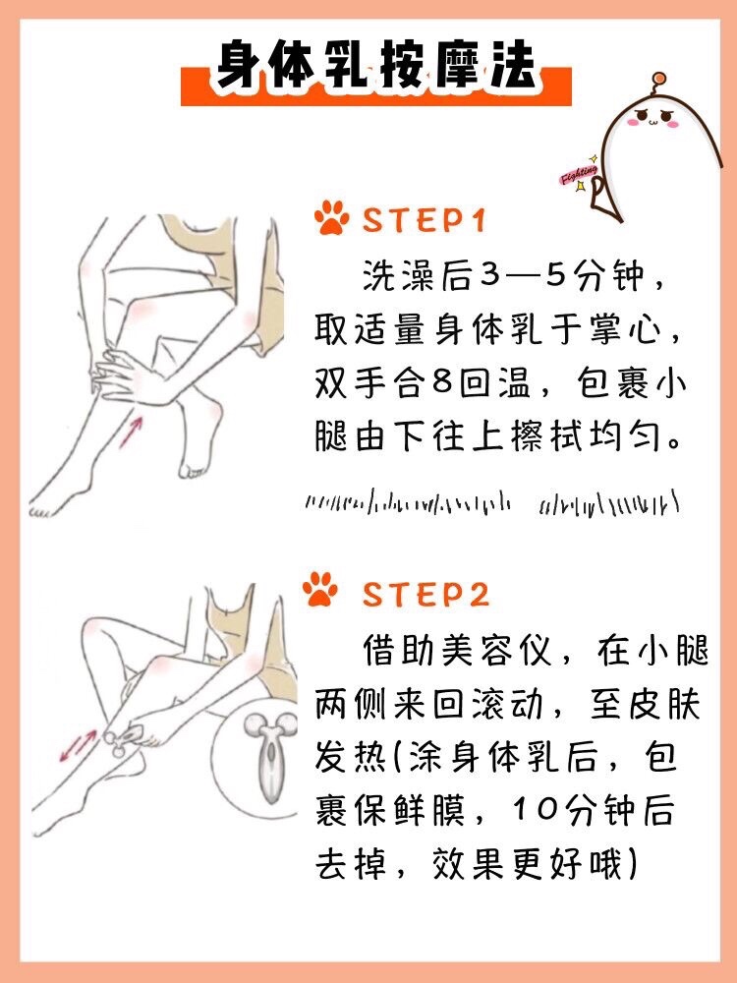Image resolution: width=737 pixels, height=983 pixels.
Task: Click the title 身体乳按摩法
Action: point(376,65)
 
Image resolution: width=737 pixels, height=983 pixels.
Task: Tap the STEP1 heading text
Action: point(425,220)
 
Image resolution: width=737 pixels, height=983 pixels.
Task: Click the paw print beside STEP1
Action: point(331,217)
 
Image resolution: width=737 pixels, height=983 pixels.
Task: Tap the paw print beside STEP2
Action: point(319,588)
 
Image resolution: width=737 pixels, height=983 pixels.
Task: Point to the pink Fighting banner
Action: point(579,174)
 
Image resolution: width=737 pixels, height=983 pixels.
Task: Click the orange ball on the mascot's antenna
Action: point(658,79)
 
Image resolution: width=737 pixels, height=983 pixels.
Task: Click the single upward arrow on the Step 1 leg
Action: point(131,432)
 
